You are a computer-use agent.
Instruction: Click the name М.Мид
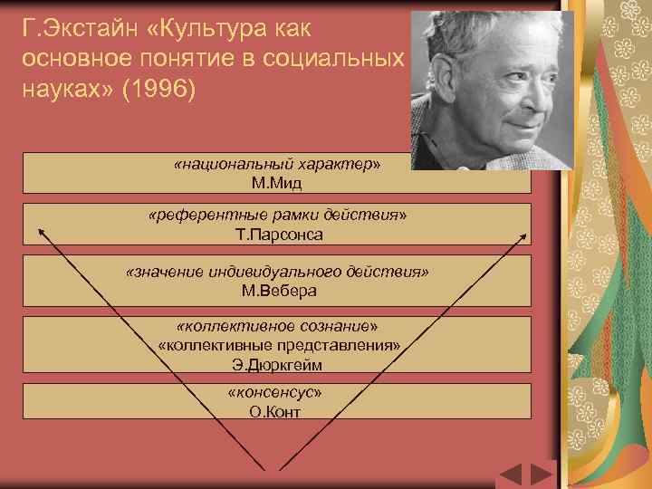(x=277, y=183)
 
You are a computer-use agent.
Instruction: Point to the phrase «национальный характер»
(x=277, y=166)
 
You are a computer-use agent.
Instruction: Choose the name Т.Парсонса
(x=278, y=234)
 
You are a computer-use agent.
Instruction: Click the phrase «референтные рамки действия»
(x=277, y=216)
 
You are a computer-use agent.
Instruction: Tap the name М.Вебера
(x=278, y=291)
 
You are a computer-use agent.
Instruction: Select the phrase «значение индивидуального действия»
(x=277, y=273)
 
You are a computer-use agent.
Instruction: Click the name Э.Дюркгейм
(x=277, y=365)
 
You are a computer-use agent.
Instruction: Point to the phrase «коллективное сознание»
(x=277, y=327)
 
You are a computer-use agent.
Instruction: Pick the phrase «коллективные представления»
(x=277, y=346)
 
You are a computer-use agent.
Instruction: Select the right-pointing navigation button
(x=542, y=475)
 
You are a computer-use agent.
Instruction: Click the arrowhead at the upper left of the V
(x=41, y=231)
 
